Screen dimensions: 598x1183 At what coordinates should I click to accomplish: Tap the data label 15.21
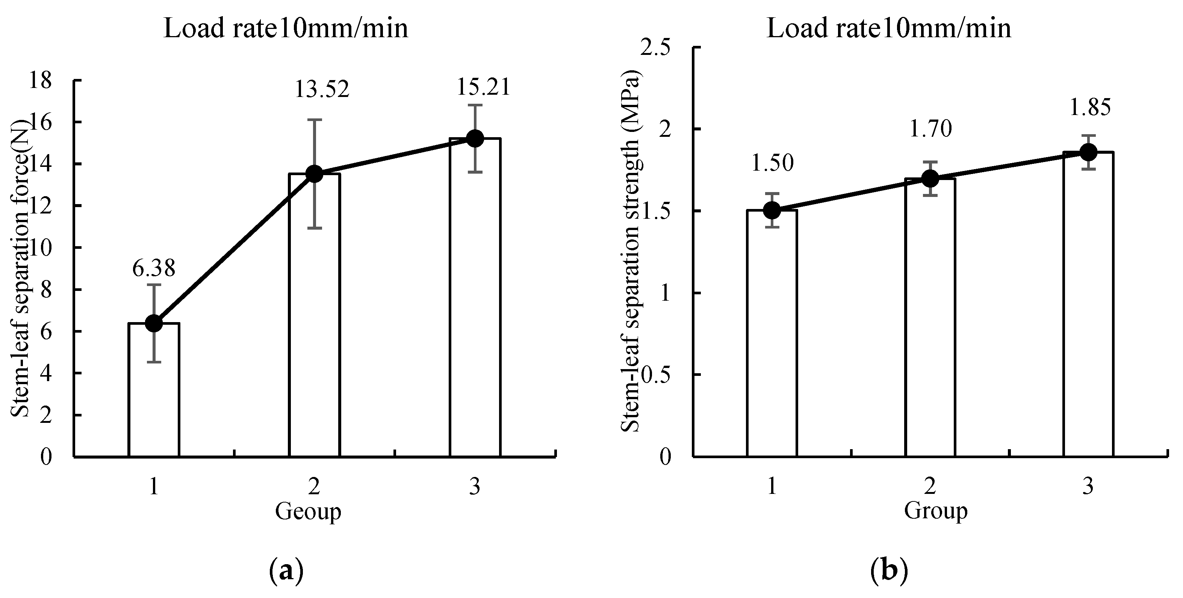tap(484, 87)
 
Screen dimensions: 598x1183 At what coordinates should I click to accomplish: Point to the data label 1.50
tap(772, 163)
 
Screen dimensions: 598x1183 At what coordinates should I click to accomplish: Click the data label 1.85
tap(1090, 107)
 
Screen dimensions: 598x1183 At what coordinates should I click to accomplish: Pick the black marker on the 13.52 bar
tap(314, 174)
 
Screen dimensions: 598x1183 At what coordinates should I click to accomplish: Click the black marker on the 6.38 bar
tap(154, 323)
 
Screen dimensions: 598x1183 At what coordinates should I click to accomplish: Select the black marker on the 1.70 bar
tap(930, 178)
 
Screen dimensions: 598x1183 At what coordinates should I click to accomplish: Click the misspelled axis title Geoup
tap(308, 511)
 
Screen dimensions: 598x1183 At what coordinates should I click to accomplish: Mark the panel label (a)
tap(286, 571)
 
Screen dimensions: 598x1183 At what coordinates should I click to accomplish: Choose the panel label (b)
tap(889, 571)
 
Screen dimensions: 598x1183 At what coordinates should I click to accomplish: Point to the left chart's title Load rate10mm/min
tap(286, 29)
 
